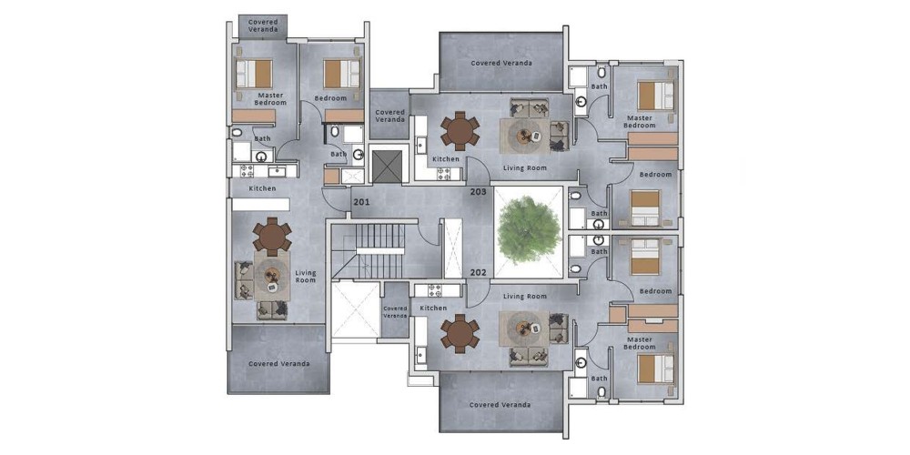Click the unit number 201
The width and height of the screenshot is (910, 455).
pos(360,202)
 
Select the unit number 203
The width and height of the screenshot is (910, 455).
pos(478,191)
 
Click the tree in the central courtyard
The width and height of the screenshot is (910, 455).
pos(529,229)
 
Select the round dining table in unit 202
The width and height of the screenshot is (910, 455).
pos(460,333)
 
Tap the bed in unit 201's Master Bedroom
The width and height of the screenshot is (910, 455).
pos(254,74)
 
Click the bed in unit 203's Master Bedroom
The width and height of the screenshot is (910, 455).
pos(656,96)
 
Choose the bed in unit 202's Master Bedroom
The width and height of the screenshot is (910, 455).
pos(656,369)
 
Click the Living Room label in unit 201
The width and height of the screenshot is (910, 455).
pos(305,277)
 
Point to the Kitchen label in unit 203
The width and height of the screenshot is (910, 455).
pos(446,159)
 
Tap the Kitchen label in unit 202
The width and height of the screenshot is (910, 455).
pos(433,308)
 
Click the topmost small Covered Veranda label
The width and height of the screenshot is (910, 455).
pos(263,25)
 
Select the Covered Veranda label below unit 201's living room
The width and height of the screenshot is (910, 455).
pos(278,364)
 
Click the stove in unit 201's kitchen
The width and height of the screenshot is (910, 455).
pos(244,171)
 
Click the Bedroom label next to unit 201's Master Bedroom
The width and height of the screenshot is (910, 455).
pos(330,98)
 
